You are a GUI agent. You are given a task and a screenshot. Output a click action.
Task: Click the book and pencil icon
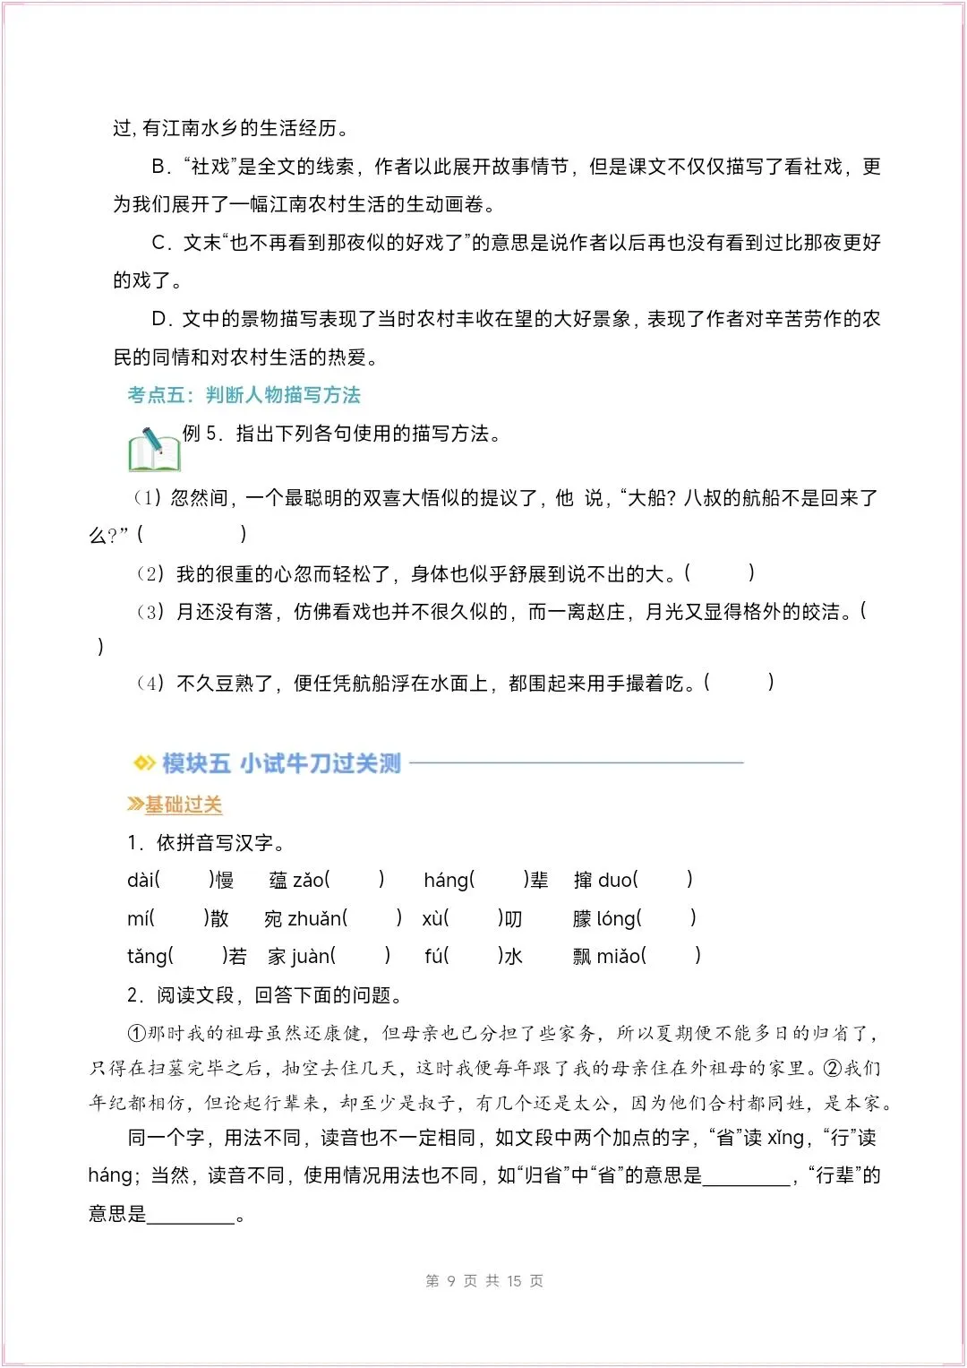pyautogui.click(x=154, y=450)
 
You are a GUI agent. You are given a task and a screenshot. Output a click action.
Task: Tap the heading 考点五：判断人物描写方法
pyautogui.click(x=244, y=395)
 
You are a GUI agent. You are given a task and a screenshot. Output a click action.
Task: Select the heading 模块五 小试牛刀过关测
pyautogui.click(x=281, y=763)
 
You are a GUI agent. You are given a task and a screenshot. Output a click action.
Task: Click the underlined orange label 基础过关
pyautogui.click(x=184, y=804)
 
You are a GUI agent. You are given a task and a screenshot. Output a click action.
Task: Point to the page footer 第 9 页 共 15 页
pyautogui.click(x=484, y=1280)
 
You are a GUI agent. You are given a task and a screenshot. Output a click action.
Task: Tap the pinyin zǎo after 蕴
pyautogui.click(x=308, y=880)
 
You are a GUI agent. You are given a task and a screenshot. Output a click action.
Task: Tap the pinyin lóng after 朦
pyautogui.click(x=616, y=918)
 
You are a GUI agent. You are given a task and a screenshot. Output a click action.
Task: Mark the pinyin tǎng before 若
pyautogui.click(x=147, y=956)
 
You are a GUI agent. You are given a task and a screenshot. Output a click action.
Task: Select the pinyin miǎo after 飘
pyautogui.click(x=619, y=956)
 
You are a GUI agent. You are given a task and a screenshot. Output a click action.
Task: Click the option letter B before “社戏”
pyautogui.click(x=159, y=167)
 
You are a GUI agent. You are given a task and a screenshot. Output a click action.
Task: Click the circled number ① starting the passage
pyautogui.click(x=136, y=1033)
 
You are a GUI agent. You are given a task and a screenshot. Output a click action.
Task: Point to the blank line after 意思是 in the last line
pyautogui.click(x=191, y=1216)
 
